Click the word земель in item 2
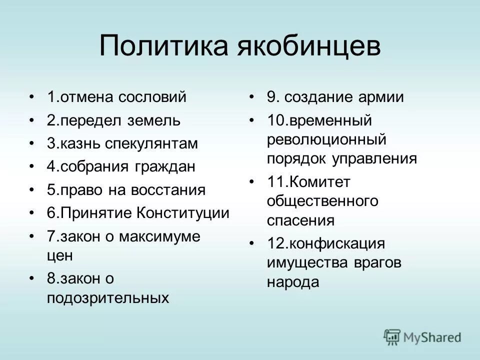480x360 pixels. [x=157, y=120]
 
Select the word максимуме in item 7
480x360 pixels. [x=159, y=236]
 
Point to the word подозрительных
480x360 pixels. [x=107, y=298]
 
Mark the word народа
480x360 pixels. [x=292, y=281]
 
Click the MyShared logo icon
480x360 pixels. [x=392, y=336]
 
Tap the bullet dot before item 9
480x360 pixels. [x=252, y=97]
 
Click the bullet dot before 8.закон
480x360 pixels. [x=32, y=278]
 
